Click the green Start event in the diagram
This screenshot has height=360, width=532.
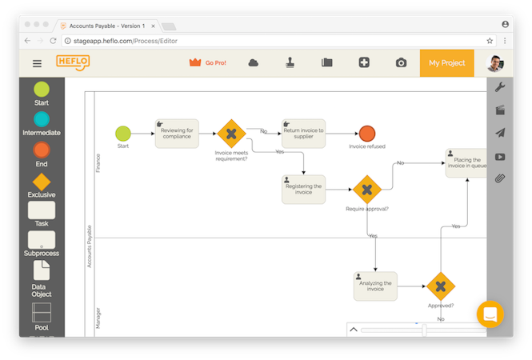point(122,133)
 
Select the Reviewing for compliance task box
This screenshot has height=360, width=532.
point(176,133)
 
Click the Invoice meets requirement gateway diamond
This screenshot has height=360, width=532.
point(231,133)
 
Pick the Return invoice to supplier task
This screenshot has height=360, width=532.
point(303,133)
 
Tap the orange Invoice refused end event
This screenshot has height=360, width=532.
point(367,133)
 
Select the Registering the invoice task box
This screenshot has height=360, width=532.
point(303,189)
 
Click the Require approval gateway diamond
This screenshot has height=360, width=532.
point(367,190)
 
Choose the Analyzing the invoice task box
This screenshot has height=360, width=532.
point(375,286)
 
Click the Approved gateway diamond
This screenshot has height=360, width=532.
point(440,286)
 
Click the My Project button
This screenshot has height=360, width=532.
point(446,63)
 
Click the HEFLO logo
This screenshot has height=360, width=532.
point(73,62)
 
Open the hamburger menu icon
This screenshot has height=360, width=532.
point(37,63)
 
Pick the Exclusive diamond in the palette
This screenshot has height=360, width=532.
point(42,182)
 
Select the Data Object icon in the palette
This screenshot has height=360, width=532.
point(42,271)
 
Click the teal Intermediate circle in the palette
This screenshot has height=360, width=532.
point(42,118)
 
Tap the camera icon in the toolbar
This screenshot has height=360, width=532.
point(401,63)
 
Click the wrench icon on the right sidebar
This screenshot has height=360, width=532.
point(500,86)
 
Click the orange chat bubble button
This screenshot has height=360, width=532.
point(490,314)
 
